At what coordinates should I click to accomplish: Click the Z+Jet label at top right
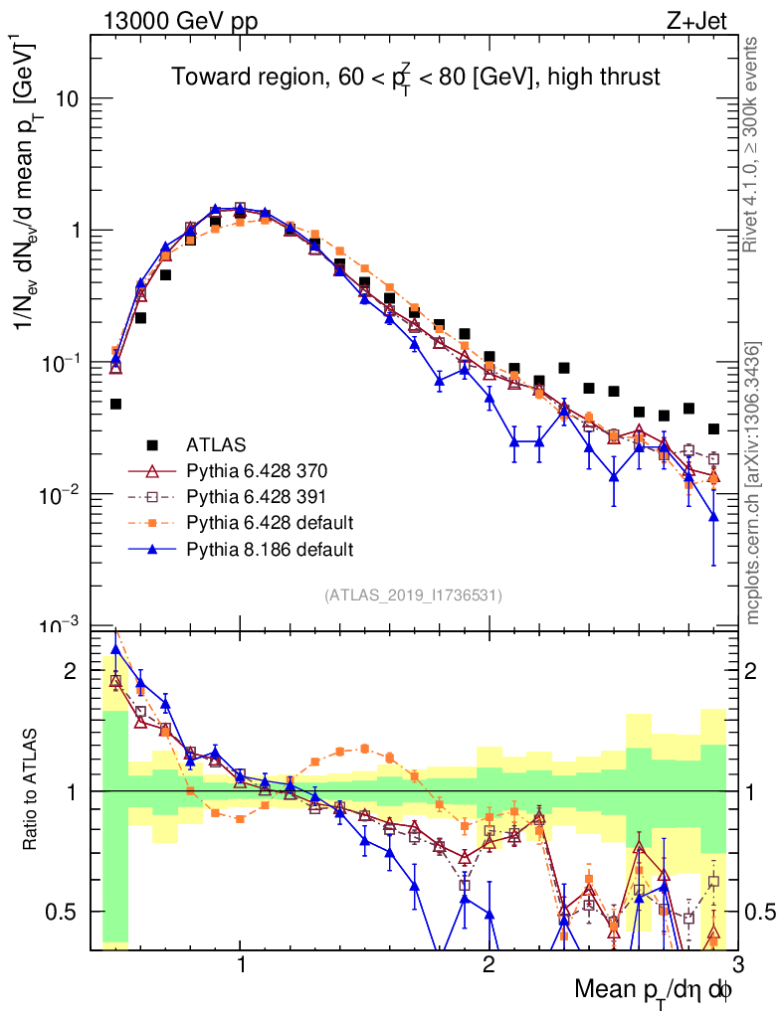(x=698, y=19)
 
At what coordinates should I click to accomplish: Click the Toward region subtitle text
(x=415, y=77)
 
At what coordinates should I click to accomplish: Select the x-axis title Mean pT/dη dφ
(x=656, y=990)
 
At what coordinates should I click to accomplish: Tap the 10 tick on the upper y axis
(x=67, y=99)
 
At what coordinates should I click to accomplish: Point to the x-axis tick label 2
(x=489, y=964)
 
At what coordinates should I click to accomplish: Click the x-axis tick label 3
(x=736, y=964)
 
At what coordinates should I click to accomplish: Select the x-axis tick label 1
(x=241, y=964)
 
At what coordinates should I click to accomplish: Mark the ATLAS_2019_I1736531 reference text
(x=413, y=595)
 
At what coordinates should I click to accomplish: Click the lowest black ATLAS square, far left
(x=115, y=404)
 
